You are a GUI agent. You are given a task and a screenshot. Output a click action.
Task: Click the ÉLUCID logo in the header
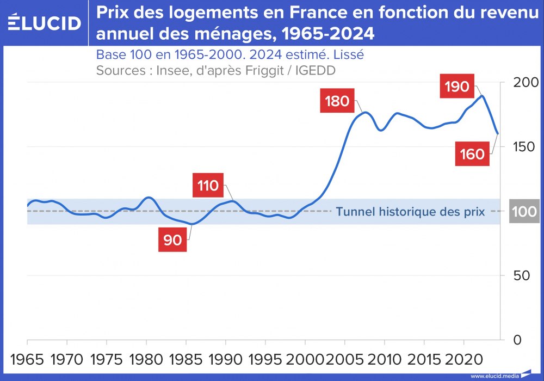[x=45, y=23]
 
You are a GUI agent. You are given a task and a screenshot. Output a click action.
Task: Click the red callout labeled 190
[x=456, y=87]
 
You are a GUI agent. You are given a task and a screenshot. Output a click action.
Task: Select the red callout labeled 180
[x=337, y=101]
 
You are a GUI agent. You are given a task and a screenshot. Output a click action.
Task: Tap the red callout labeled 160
[x=472, y=154]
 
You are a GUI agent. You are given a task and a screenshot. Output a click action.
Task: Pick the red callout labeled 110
[x=208, y=186]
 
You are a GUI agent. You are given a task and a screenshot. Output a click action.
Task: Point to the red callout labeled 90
[x=172, y=240]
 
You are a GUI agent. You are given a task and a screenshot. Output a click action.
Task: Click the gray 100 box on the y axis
[x=524, y=211]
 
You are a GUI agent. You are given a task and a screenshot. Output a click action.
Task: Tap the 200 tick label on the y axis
[x=526, y=83]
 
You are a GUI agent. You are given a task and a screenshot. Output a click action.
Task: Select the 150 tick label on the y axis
[x=526, y=147]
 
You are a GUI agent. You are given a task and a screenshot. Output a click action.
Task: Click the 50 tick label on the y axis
[x=526, y=276]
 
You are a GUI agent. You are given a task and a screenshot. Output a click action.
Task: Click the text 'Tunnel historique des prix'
[x=410, y=212]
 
